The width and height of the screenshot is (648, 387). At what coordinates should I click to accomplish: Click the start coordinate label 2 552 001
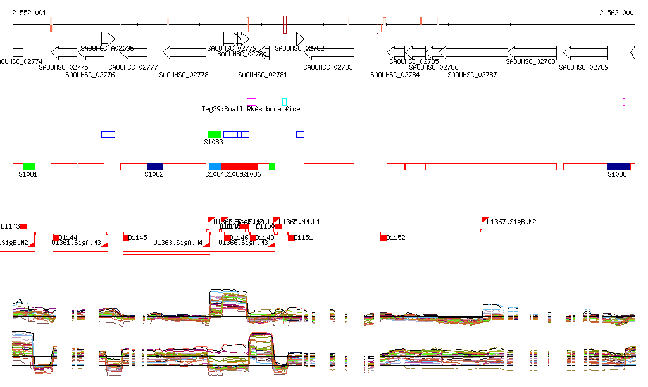[x=29, y=13]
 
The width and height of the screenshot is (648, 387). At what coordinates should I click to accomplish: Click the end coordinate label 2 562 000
[x=616, y=13]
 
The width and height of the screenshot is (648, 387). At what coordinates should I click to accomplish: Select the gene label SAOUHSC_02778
[x=184, y=75]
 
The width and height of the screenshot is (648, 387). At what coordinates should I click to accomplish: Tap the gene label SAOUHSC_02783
[x=328, y=67]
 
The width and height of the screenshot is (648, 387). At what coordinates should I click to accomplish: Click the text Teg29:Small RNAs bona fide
[x=251, y=109]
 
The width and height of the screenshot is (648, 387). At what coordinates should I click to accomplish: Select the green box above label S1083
[x=215, y=134]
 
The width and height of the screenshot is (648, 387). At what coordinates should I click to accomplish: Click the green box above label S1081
[x=28, y=167]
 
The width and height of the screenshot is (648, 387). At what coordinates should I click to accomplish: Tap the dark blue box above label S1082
[x=155, y=167]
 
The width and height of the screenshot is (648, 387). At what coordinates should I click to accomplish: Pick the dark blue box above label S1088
[x=618, y=167]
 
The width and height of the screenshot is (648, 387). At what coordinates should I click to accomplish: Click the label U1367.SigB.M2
[x=511, y=222]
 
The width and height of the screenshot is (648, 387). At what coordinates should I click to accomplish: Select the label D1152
[x=396, y=238]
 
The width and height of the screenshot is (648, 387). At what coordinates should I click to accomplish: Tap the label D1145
[x=138, y=238]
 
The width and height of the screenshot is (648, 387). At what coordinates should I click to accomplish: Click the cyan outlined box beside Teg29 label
[x=285, y=102]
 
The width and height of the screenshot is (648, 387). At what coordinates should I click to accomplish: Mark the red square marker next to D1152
[x=384, y=238]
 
